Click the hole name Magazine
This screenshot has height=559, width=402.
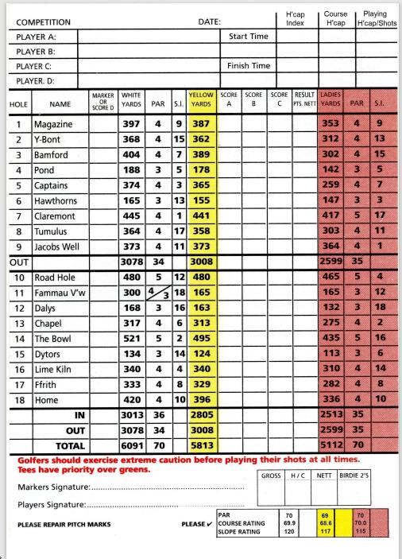pyautogui.click(x=54, y=125)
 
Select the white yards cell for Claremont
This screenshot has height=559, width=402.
pyautogui.click(x=131, y=215)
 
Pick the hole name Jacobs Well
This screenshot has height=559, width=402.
pyautogui.click(x=60, y=246)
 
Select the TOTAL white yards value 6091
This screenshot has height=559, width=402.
pyautogui.click(x=130, y=447)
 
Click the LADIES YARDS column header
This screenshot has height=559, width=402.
pyautogui.click(x=331, y=102)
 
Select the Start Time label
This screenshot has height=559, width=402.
pyautogui.click(x=249, y=37)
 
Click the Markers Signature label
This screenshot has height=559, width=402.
pyautogui.click(x=53, y=485)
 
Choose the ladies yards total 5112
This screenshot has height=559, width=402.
pyautogui.click(x=331, y=447)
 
